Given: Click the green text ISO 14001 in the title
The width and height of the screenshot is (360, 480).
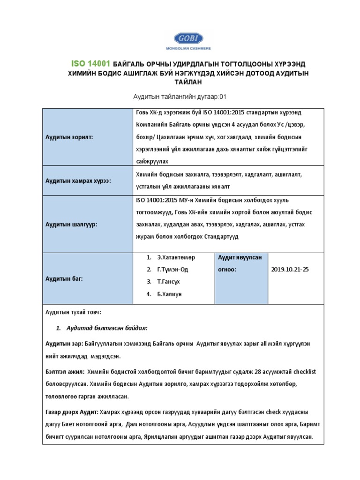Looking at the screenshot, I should (90, 64).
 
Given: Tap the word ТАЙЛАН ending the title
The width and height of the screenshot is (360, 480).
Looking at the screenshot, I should (180, 82).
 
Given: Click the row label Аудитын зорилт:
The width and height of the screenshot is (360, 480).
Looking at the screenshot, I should (69, 137).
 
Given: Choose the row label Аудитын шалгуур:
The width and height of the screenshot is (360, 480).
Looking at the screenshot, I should (71, 225).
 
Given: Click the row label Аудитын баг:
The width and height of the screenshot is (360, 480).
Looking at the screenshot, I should (64, 278).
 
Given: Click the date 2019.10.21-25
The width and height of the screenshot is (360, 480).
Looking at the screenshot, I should (290, 270).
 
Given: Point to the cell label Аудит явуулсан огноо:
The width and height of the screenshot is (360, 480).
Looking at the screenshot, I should (240, 263).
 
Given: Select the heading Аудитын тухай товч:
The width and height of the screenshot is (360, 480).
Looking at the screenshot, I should (73, 312).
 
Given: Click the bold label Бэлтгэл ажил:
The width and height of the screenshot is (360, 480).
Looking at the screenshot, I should (65, 372).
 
